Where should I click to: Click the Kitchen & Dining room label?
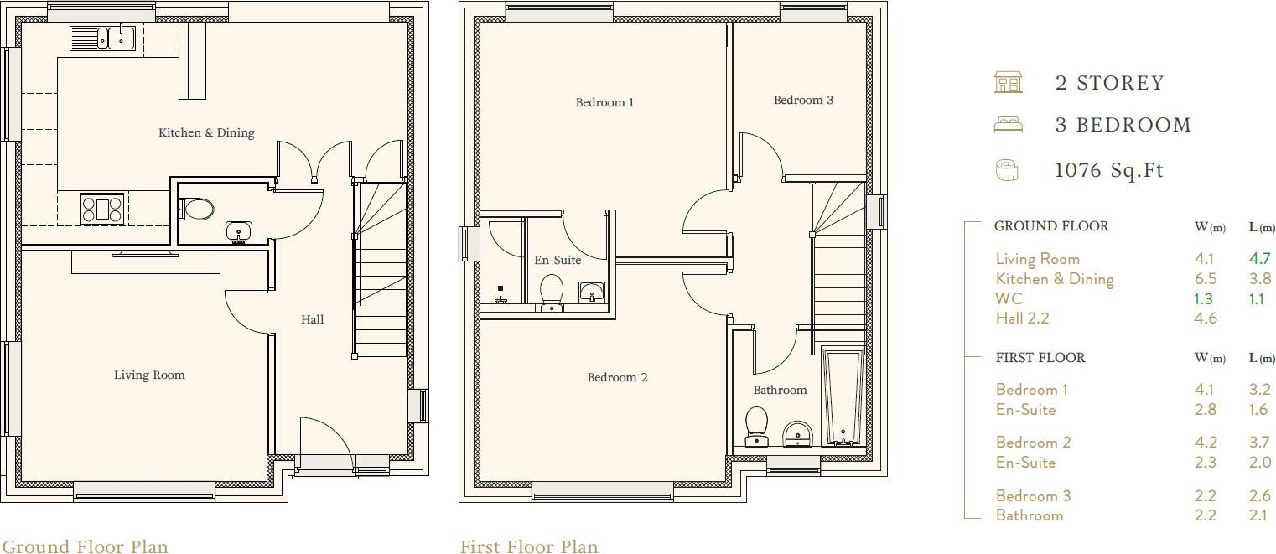tap(206, 132)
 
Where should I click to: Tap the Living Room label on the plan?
tap(149, 375)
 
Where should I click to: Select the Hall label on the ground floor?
tap(312, 319)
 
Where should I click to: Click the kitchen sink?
tap(103, 38)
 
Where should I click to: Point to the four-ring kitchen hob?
tap(102, 209)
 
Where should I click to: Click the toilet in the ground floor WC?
tap(198, 209)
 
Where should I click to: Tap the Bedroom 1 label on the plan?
tap(604, 102)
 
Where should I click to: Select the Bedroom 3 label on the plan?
tap(803, 100)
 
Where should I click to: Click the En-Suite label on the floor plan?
tap(558, 260)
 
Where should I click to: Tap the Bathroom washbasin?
tap(796, 434)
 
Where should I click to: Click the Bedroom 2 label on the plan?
tap(617, 377)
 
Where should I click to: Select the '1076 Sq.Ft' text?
tap(1109, 170)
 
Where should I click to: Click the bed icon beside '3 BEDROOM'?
tap(1008, 125)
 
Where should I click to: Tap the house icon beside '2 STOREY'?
tap(1008, 82)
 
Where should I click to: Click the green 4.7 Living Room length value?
tap(1259, 259)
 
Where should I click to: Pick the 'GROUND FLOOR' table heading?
tap(1051, 226)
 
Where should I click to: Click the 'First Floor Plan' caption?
tap(529, 546)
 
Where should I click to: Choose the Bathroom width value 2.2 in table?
tap(1205, 515)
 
